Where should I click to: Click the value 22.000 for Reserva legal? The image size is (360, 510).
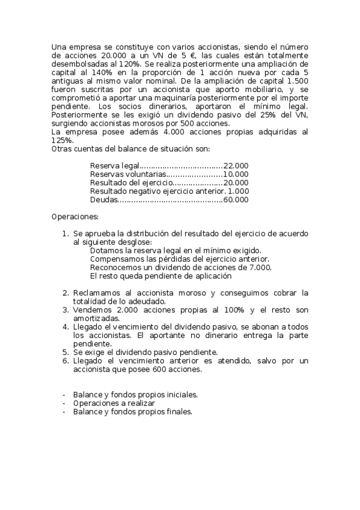click(x=236, y=165)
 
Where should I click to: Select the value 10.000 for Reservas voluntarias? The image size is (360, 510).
click(x=236, y=174)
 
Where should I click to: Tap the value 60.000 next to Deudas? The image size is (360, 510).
click(x=236, y=200)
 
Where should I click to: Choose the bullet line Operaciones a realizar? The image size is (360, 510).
click(x=114, y=403)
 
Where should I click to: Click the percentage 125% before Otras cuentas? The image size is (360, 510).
click(x=61, y=140)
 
